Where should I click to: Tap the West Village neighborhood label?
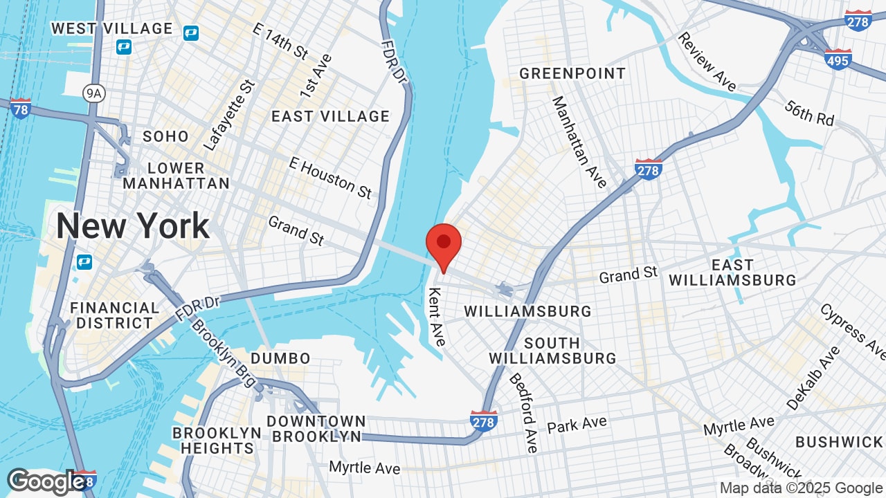tap(112, 28)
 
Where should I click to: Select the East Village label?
tap(330, 116)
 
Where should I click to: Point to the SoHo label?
tap(165, 136)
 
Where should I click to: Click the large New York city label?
tap(132, 226)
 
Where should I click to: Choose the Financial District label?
tap(115, 315)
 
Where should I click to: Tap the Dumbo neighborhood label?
tap(280, 358)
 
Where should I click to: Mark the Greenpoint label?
tap(572, 73)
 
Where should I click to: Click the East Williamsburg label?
tap(732, 273)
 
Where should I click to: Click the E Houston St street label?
tap(331, 178)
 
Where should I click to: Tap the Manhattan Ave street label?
tap(579, 142)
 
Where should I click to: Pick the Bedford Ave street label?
tap(524, 412)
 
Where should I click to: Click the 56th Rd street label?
tap(809, 113)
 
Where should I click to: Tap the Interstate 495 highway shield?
tap(838, 59)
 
